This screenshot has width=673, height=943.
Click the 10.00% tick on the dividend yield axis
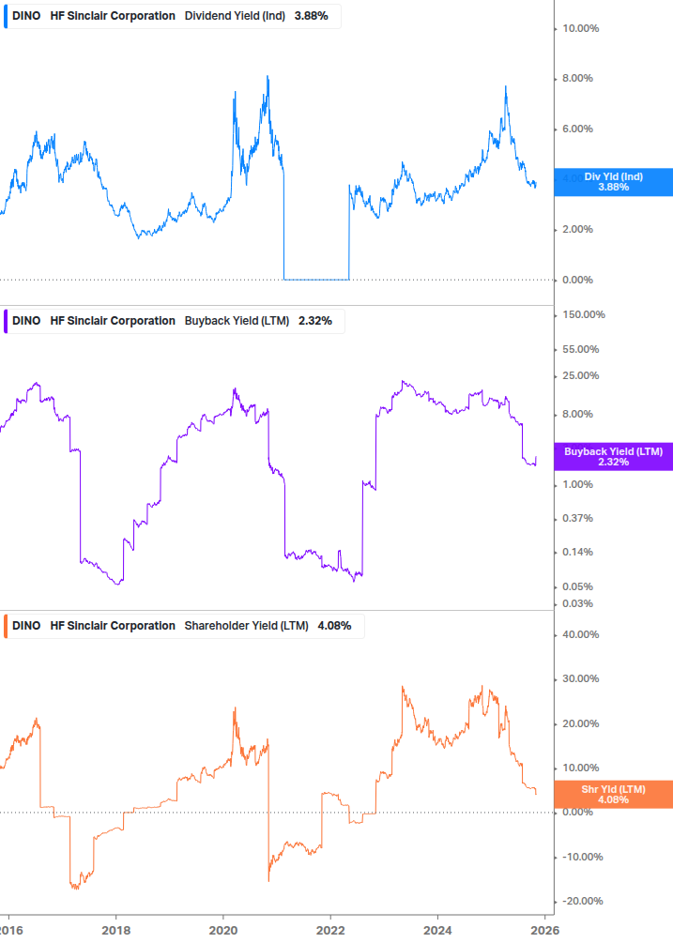[x=580, y=28]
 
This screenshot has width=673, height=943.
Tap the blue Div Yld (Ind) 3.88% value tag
[x=613, y=182]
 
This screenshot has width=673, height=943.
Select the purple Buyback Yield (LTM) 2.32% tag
[x=613, y=457]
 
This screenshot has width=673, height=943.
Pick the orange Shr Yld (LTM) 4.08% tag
[x=613, y=795]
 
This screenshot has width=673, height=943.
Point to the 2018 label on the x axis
[x=115, y=930]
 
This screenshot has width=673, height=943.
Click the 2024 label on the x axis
[x=437, y=930]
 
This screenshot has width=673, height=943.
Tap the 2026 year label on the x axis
[x=544, y=930]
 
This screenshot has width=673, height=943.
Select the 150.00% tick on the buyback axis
[x=583, y=314]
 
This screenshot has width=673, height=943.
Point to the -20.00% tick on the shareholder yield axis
[x=582, y=902]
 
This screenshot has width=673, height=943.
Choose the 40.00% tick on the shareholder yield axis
[x=580, y=634]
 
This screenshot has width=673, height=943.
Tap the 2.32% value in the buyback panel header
[x=314, y=321]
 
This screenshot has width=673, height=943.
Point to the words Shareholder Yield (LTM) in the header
[x=246, y=626]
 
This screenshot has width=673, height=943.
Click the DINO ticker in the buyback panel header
[x=26, y=321]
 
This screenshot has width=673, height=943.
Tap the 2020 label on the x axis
[x=222, y=930]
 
